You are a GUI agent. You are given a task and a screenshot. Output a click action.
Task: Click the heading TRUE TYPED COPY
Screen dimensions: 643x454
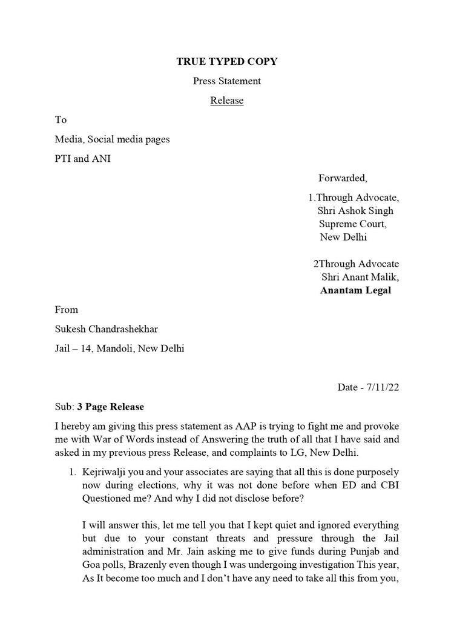227,61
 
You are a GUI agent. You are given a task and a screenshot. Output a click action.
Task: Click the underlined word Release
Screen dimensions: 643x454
227,101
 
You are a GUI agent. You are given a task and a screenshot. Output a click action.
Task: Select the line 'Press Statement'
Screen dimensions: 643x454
227,81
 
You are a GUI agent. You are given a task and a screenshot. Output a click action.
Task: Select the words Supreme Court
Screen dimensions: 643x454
353,224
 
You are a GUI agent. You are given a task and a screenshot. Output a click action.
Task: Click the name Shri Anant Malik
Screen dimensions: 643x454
360,277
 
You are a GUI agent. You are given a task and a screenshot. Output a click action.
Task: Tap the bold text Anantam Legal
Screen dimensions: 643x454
355,290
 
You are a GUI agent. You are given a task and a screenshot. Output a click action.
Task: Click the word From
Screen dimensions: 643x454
67,310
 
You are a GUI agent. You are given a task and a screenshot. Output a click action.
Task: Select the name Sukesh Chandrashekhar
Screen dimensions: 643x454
107,329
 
